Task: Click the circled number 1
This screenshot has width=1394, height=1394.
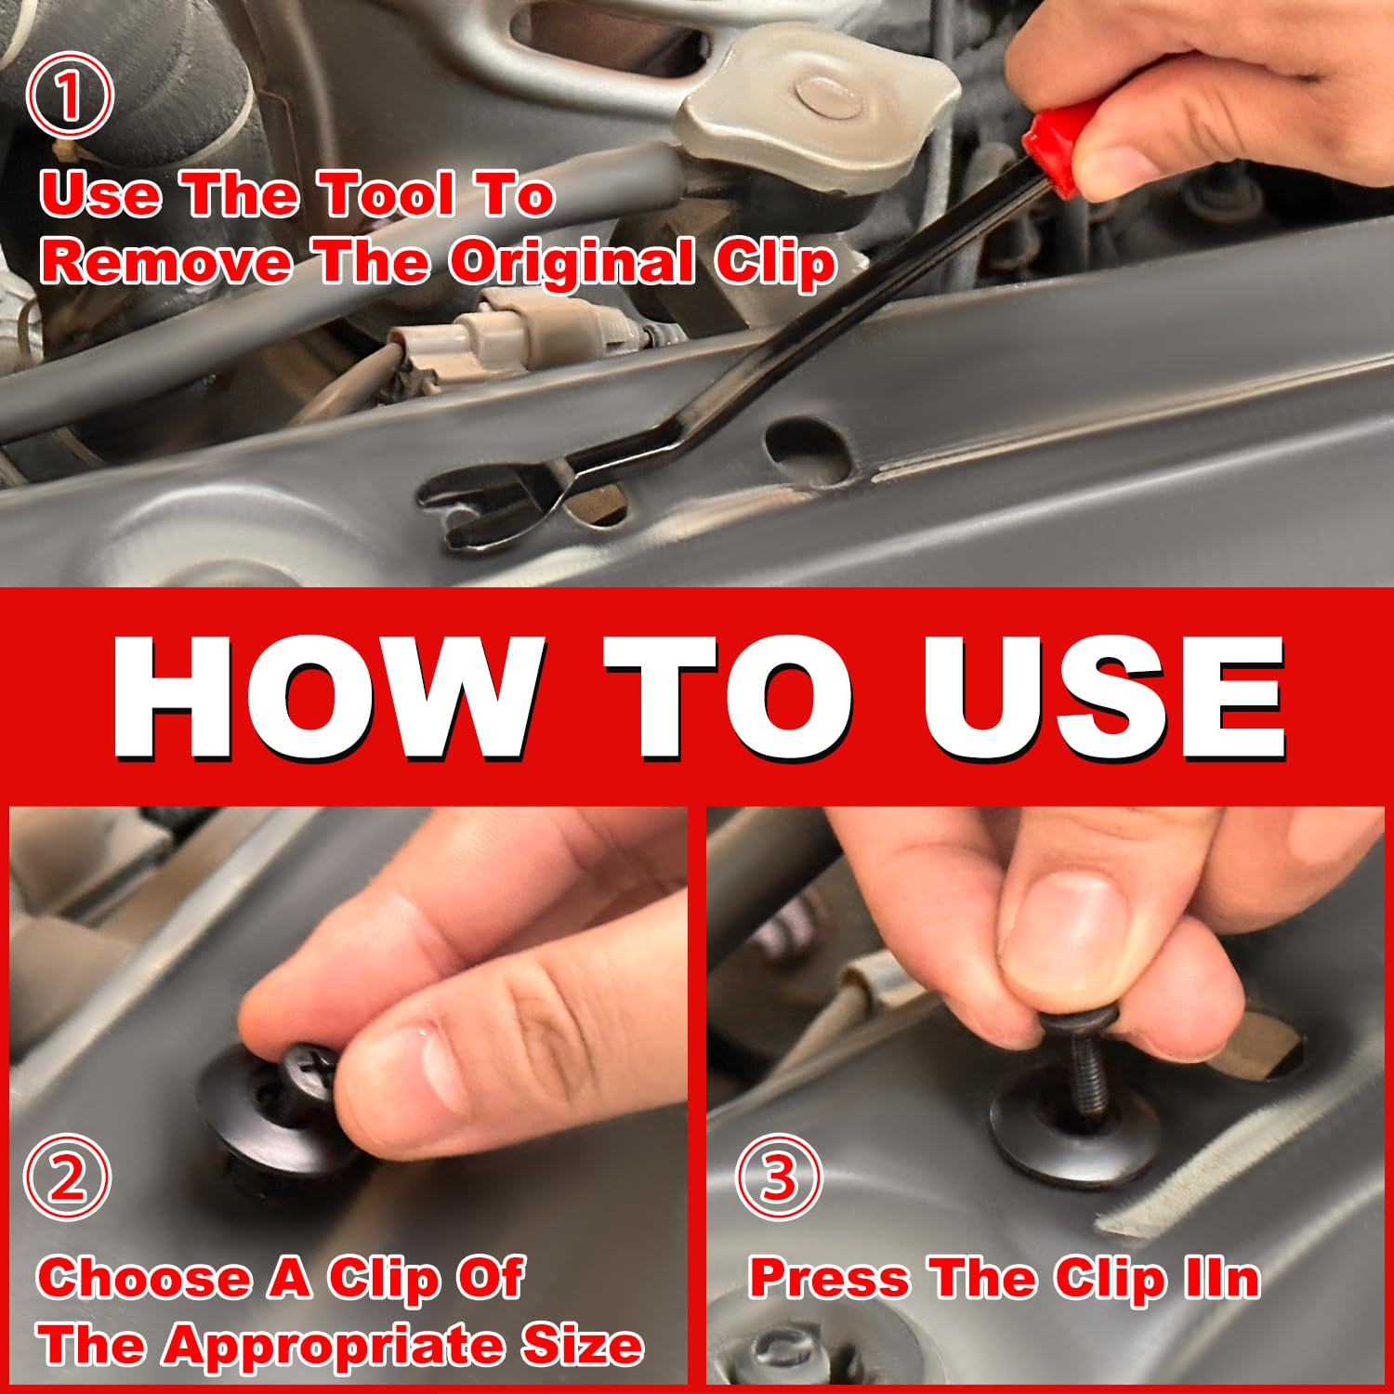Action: (69, 96)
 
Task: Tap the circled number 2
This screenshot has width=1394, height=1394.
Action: (67, 1177)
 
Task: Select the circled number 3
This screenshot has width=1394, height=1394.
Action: (779, 1177)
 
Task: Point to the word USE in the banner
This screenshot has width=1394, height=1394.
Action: (1103, 697)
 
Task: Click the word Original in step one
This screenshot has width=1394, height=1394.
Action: (572, 263)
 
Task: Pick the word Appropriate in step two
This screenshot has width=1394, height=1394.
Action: (339, 1346)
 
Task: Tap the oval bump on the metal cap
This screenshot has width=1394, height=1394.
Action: (830, 96)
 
